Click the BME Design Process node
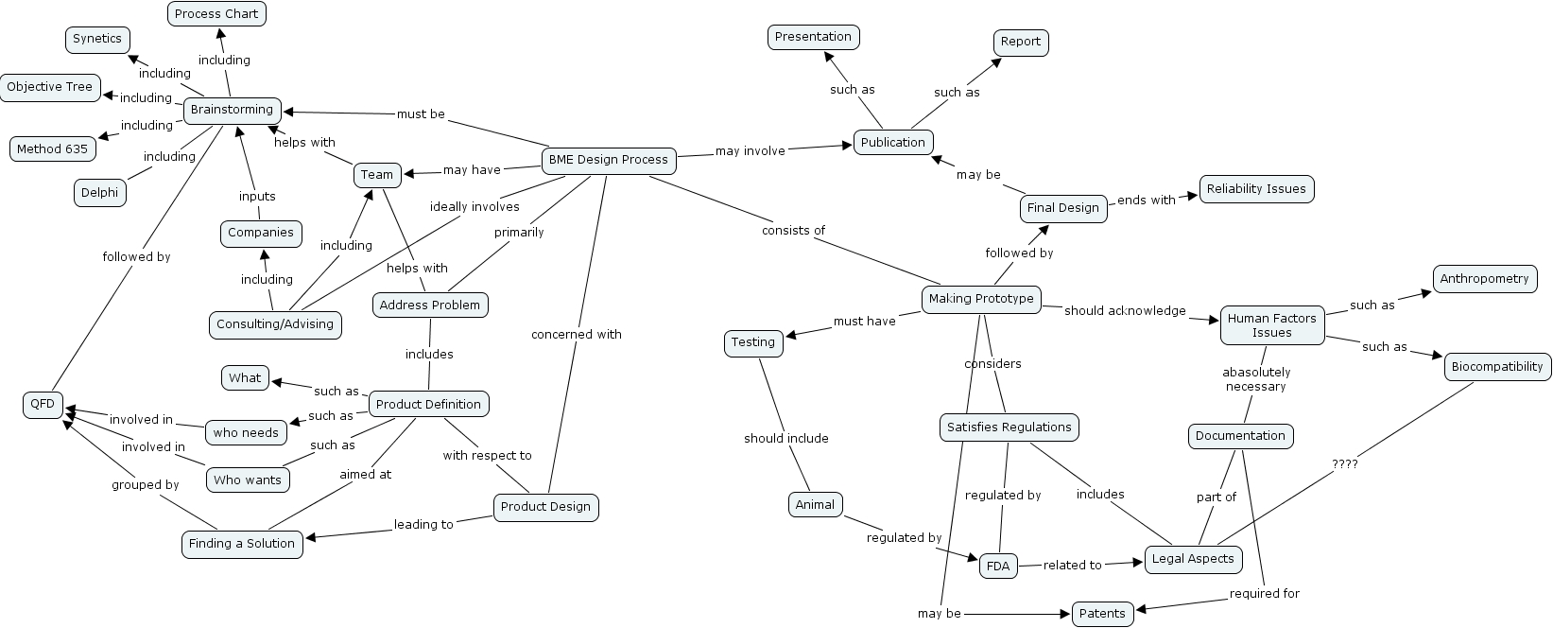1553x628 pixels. (609, 160)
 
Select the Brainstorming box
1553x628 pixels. (232, 110)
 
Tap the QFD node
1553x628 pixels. (43, 405)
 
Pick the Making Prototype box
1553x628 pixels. (981, 299)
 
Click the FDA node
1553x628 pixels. (997, 567)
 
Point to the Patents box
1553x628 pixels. (1102, 614)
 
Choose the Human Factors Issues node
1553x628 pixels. (1271, 325)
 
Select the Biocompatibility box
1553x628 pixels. (1497, 367)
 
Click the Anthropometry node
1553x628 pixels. (1484, 279)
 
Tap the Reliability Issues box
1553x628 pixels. (1256, 189)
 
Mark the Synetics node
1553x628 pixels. (97, 39)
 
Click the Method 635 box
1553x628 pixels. (52, 149)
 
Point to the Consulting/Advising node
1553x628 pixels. (275, 324)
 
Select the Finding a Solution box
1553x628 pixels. (242, 544)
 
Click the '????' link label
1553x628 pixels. (1344, 464)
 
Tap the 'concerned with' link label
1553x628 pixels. (576, 334)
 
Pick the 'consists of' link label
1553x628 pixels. (793, 230)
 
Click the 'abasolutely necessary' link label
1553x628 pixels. (1256, 379)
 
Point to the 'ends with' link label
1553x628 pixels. (1147, 200)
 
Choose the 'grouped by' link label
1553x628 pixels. (145, 485)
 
